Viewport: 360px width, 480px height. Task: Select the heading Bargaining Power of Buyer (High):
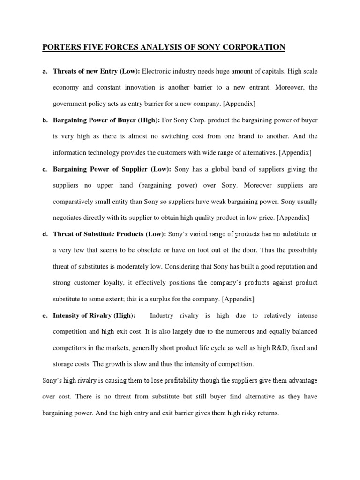(x=106, y=120)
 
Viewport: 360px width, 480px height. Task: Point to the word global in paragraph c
(x=226, y=169)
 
